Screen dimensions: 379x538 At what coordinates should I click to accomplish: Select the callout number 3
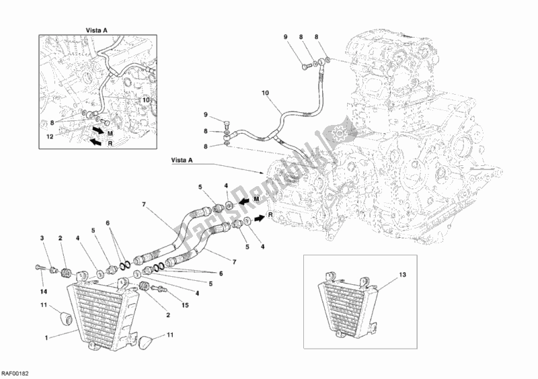coord(41,238)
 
